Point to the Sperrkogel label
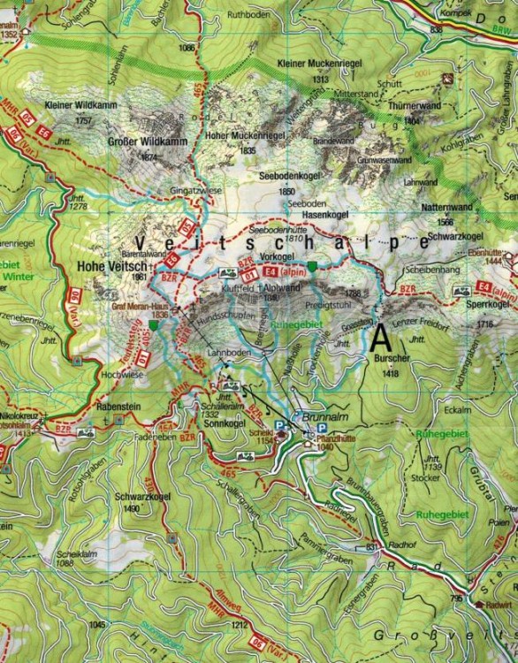[x=492, y=304]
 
